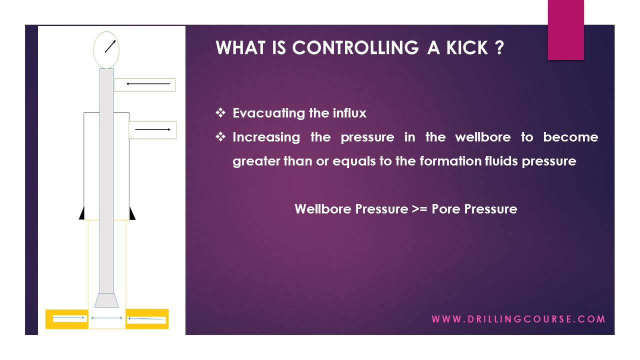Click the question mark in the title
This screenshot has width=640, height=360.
point(498,48)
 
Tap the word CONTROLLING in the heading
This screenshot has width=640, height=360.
point(355,48)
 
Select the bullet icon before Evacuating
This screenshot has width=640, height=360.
point(220,113)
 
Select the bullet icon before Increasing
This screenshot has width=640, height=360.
point(220,137)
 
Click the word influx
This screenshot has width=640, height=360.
point(349,113)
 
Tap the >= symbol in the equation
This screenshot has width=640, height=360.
point(419,209)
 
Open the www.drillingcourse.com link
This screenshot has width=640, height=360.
point(518,319)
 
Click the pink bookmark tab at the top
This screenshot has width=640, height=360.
point(565,30)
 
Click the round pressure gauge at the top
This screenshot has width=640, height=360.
point(106,49)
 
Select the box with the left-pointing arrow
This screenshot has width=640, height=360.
point(144,84)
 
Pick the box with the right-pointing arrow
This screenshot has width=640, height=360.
point(152,130)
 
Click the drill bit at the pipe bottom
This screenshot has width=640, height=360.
point(106,300)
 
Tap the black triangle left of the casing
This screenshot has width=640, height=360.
point(81,214)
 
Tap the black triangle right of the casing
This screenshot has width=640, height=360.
point(132,214)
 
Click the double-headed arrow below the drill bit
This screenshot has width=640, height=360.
point(106,318)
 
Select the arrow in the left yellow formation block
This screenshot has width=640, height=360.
point(69,318)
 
